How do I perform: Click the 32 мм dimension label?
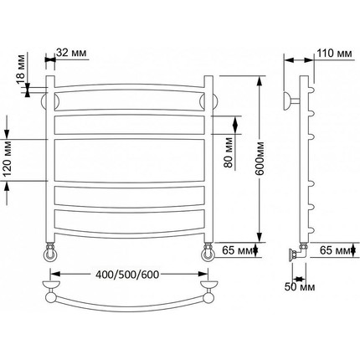(71, 53)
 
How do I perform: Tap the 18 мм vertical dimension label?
(21, 69)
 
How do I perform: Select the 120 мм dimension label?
(8, 159)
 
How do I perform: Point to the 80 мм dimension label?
(229, 152)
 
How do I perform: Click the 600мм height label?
(260, 158)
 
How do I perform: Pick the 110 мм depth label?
(335, 53)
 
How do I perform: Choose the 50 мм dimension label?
(300, 287)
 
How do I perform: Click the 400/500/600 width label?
(127, 275)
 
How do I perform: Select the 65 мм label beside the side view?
(335, 250)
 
